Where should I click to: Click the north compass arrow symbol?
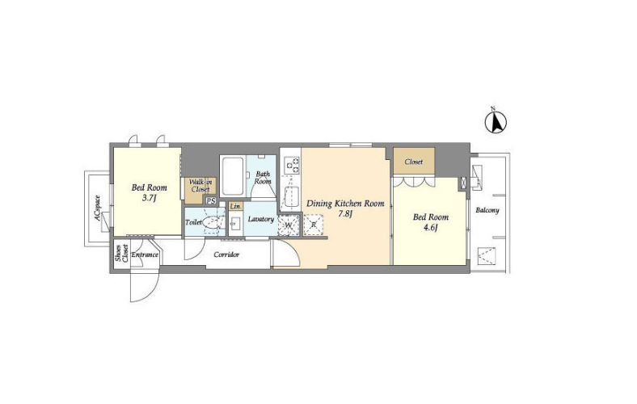click(496, 122)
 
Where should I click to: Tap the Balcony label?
click(487, 211)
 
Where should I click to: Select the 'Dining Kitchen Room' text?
click(345, 204)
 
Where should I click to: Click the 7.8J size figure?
click(345, 214)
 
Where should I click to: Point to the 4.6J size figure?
click(431, 227)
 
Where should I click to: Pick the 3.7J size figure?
click(149, 198)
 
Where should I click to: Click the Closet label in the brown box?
click(414, 162)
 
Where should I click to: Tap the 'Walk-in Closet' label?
click(200, 186)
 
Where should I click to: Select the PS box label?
click(211, 200)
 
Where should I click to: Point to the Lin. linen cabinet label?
click(235, 207)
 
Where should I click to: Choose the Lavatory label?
click(261, 219)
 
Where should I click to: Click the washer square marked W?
click(289, 225)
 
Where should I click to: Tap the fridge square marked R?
click(313, 225)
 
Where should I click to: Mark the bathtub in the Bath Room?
click(233, 176)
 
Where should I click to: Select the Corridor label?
click(226, 255)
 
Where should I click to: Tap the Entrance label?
click(145, 255)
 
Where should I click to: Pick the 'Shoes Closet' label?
click(121, 254)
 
